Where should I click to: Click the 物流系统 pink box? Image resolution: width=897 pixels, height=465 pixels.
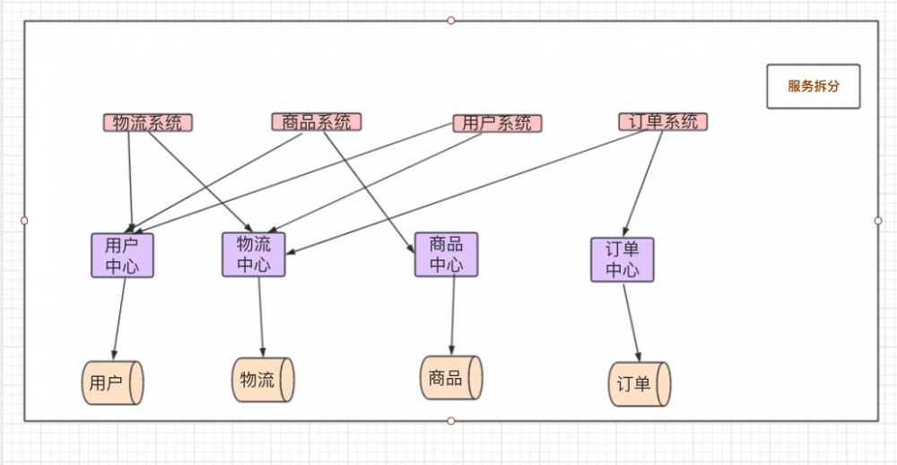click(x=148, y=122)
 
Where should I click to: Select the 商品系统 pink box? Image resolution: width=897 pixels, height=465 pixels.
click(x=317, y=122)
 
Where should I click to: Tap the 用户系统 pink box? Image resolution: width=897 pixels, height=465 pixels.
click(x=497, y=123)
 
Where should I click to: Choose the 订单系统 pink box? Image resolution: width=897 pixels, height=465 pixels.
click(x=663, y=121)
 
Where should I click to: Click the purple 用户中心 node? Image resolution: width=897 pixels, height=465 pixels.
click(x=122, y=255)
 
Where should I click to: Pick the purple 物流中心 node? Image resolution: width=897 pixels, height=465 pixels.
click(x=254, y=254)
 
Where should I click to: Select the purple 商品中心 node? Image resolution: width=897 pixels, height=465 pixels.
click(x=446, y=254)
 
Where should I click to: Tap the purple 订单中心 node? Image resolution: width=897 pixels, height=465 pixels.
click(x=622, y=259)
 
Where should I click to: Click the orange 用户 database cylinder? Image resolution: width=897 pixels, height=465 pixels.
click(x=112, y=382)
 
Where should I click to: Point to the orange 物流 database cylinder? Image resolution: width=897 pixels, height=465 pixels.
click(x=263, y=379)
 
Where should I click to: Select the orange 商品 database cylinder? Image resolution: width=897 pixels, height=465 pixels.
click(x=451, y=377)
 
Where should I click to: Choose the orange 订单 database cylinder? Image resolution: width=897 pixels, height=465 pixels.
click(x=639, y=384)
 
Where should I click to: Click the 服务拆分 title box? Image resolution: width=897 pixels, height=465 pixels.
click(x=813, y=86)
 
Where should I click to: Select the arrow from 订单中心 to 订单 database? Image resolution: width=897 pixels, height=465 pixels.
click(x=631, y=321)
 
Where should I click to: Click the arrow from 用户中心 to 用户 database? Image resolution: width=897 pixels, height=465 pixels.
click(x=118, y=319)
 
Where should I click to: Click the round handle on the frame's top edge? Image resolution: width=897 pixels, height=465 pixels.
click(x=451, y=20)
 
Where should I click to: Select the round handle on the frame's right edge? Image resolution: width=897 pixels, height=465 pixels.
click(x=878, y=220)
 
